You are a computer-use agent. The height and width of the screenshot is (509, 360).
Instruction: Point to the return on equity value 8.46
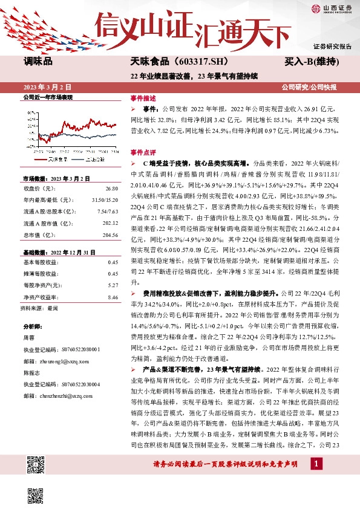point(113,297)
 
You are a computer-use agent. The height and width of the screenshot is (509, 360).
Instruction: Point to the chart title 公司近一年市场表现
point(47,97)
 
